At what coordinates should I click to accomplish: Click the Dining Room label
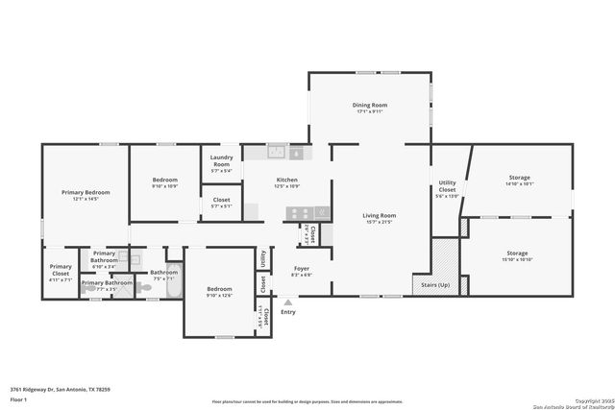coord(370,105)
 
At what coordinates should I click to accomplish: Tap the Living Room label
coord(379,216)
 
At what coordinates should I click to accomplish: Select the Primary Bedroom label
coord(86,193)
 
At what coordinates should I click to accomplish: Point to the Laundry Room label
coord(221,162)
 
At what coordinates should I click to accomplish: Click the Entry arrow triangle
coord(286,301)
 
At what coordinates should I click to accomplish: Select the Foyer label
coord(301,269)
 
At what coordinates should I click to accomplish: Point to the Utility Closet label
coord(448,185)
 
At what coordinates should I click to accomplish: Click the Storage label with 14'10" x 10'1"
coord(519,178)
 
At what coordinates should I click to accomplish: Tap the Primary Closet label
coord(61,269)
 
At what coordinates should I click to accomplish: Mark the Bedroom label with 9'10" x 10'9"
coord(165,180)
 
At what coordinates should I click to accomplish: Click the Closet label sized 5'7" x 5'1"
coord(221,201)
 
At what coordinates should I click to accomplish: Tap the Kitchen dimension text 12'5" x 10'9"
coord(287,185)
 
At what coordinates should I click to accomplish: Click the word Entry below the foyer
coord(287,312)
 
